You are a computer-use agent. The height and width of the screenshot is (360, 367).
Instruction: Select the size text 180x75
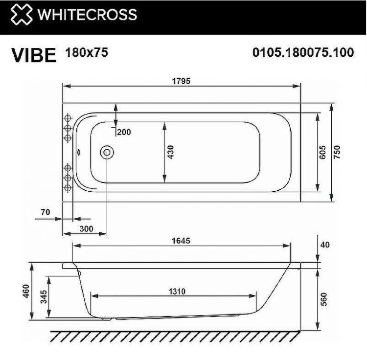86,52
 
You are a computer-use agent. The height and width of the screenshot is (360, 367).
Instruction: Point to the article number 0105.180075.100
303,52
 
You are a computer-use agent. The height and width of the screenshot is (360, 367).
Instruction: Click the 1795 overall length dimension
181,80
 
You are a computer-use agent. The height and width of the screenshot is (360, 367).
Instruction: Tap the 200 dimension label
124,132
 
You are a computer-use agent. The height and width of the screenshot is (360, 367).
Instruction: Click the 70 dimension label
46,212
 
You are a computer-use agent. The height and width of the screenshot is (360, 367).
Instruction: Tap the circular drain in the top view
106,152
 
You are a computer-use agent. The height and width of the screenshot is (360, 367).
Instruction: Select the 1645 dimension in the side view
181,241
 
